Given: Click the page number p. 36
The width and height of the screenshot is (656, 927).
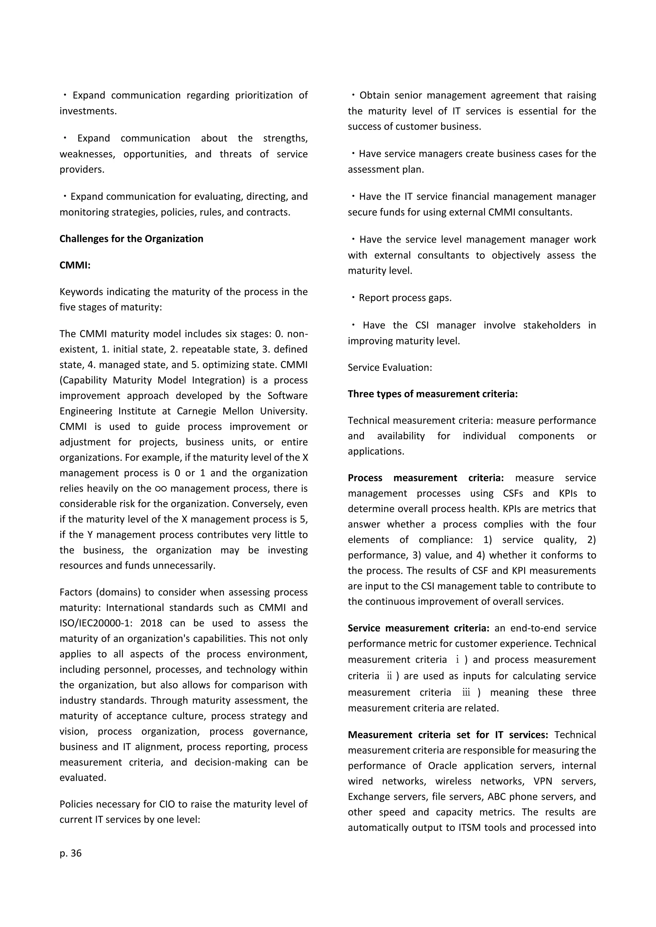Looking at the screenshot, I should pyautogui.click(x=71, y=853).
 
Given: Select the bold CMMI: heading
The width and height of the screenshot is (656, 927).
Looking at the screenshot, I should pyautogui.click(x=75, y=265).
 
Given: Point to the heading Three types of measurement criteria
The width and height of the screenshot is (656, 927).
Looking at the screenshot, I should pyautogui.click(x=433, y=394).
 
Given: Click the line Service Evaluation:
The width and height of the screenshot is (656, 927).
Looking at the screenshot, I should pyautogui.click(x=390, y=367).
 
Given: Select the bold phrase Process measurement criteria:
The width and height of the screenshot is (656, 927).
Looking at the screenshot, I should pyautogui.click(x=426, y=478).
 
